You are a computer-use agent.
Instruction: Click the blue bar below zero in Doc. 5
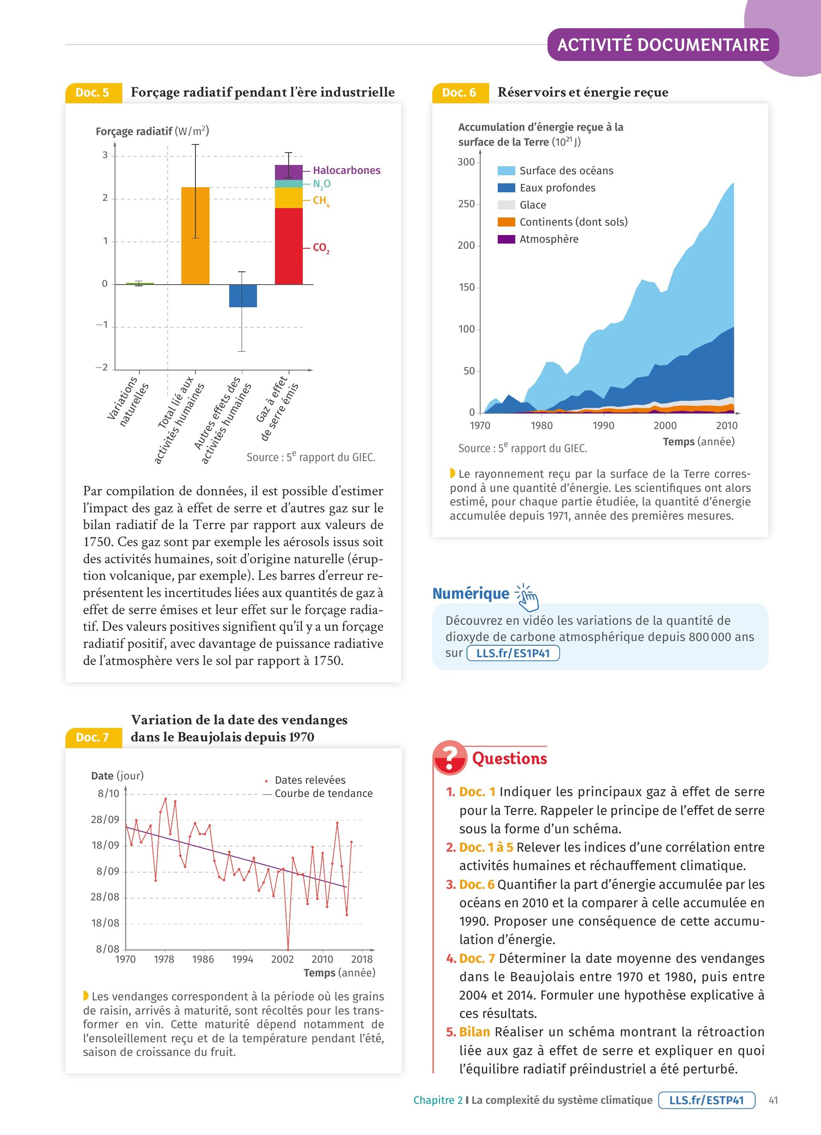[x=243, y=296]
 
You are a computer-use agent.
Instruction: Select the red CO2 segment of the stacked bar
[x=289, y=246]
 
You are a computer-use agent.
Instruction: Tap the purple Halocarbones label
[x=346, y=170]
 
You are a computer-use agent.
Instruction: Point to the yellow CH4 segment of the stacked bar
[x=289, y=198]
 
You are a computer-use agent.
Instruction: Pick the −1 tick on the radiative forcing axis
[x=102, y=325]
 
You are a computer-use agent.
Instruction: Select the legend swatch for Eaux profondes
[x=506, y=188]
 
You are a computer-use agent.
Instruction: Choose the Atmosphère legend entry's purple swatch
[x=506, y=239]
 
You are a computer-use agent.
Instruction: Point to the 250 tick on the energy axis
[x=466, y=204]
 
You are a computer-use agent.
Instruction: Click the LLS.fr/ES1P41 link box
[x=513, y=653]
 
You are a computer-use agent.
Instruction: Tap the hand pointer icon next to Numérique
[x=527, y=597]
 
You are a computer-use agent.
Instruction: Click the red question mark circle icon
[x=450, y=758]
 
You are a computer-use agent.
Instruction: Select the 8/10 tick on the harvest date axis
[x=109, y=793]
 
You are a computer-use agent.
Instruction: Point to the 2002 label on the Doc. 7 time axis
[x=282, y=959]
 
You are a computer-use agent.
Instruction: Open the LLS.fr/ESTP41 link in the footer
[x=706, y=1100]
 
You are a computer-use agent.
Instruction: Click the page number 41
[x=773, y=1100]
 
